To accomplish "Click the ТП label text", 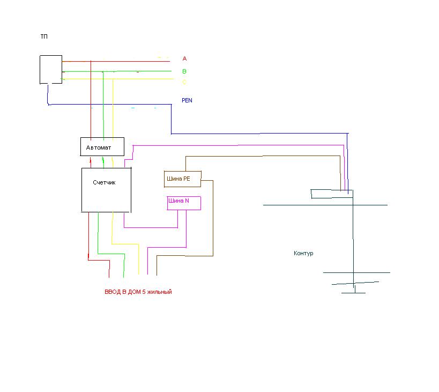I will pos(43,36).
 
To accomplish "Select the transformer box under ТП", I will pos(51,69).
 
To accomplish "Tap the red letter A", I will pos(184,58).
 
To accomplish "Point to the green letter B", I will pos(184,71).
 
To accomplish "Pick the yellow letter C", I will pos(184,82).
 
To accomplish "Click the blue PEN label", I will pos(187,100).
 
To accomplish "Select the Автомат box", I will pos(102,146).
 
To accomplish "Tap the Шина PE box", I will pos(182,179).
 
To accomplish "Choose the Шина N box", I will pos(184,203).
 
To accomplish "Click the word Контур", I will pos(303,253).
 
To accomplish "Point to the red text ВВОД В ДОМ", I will pos(123,292).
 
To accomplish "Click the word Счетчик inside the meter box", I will pos(104,182).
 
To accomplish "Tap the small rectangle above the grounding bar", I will pos(331,194).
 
